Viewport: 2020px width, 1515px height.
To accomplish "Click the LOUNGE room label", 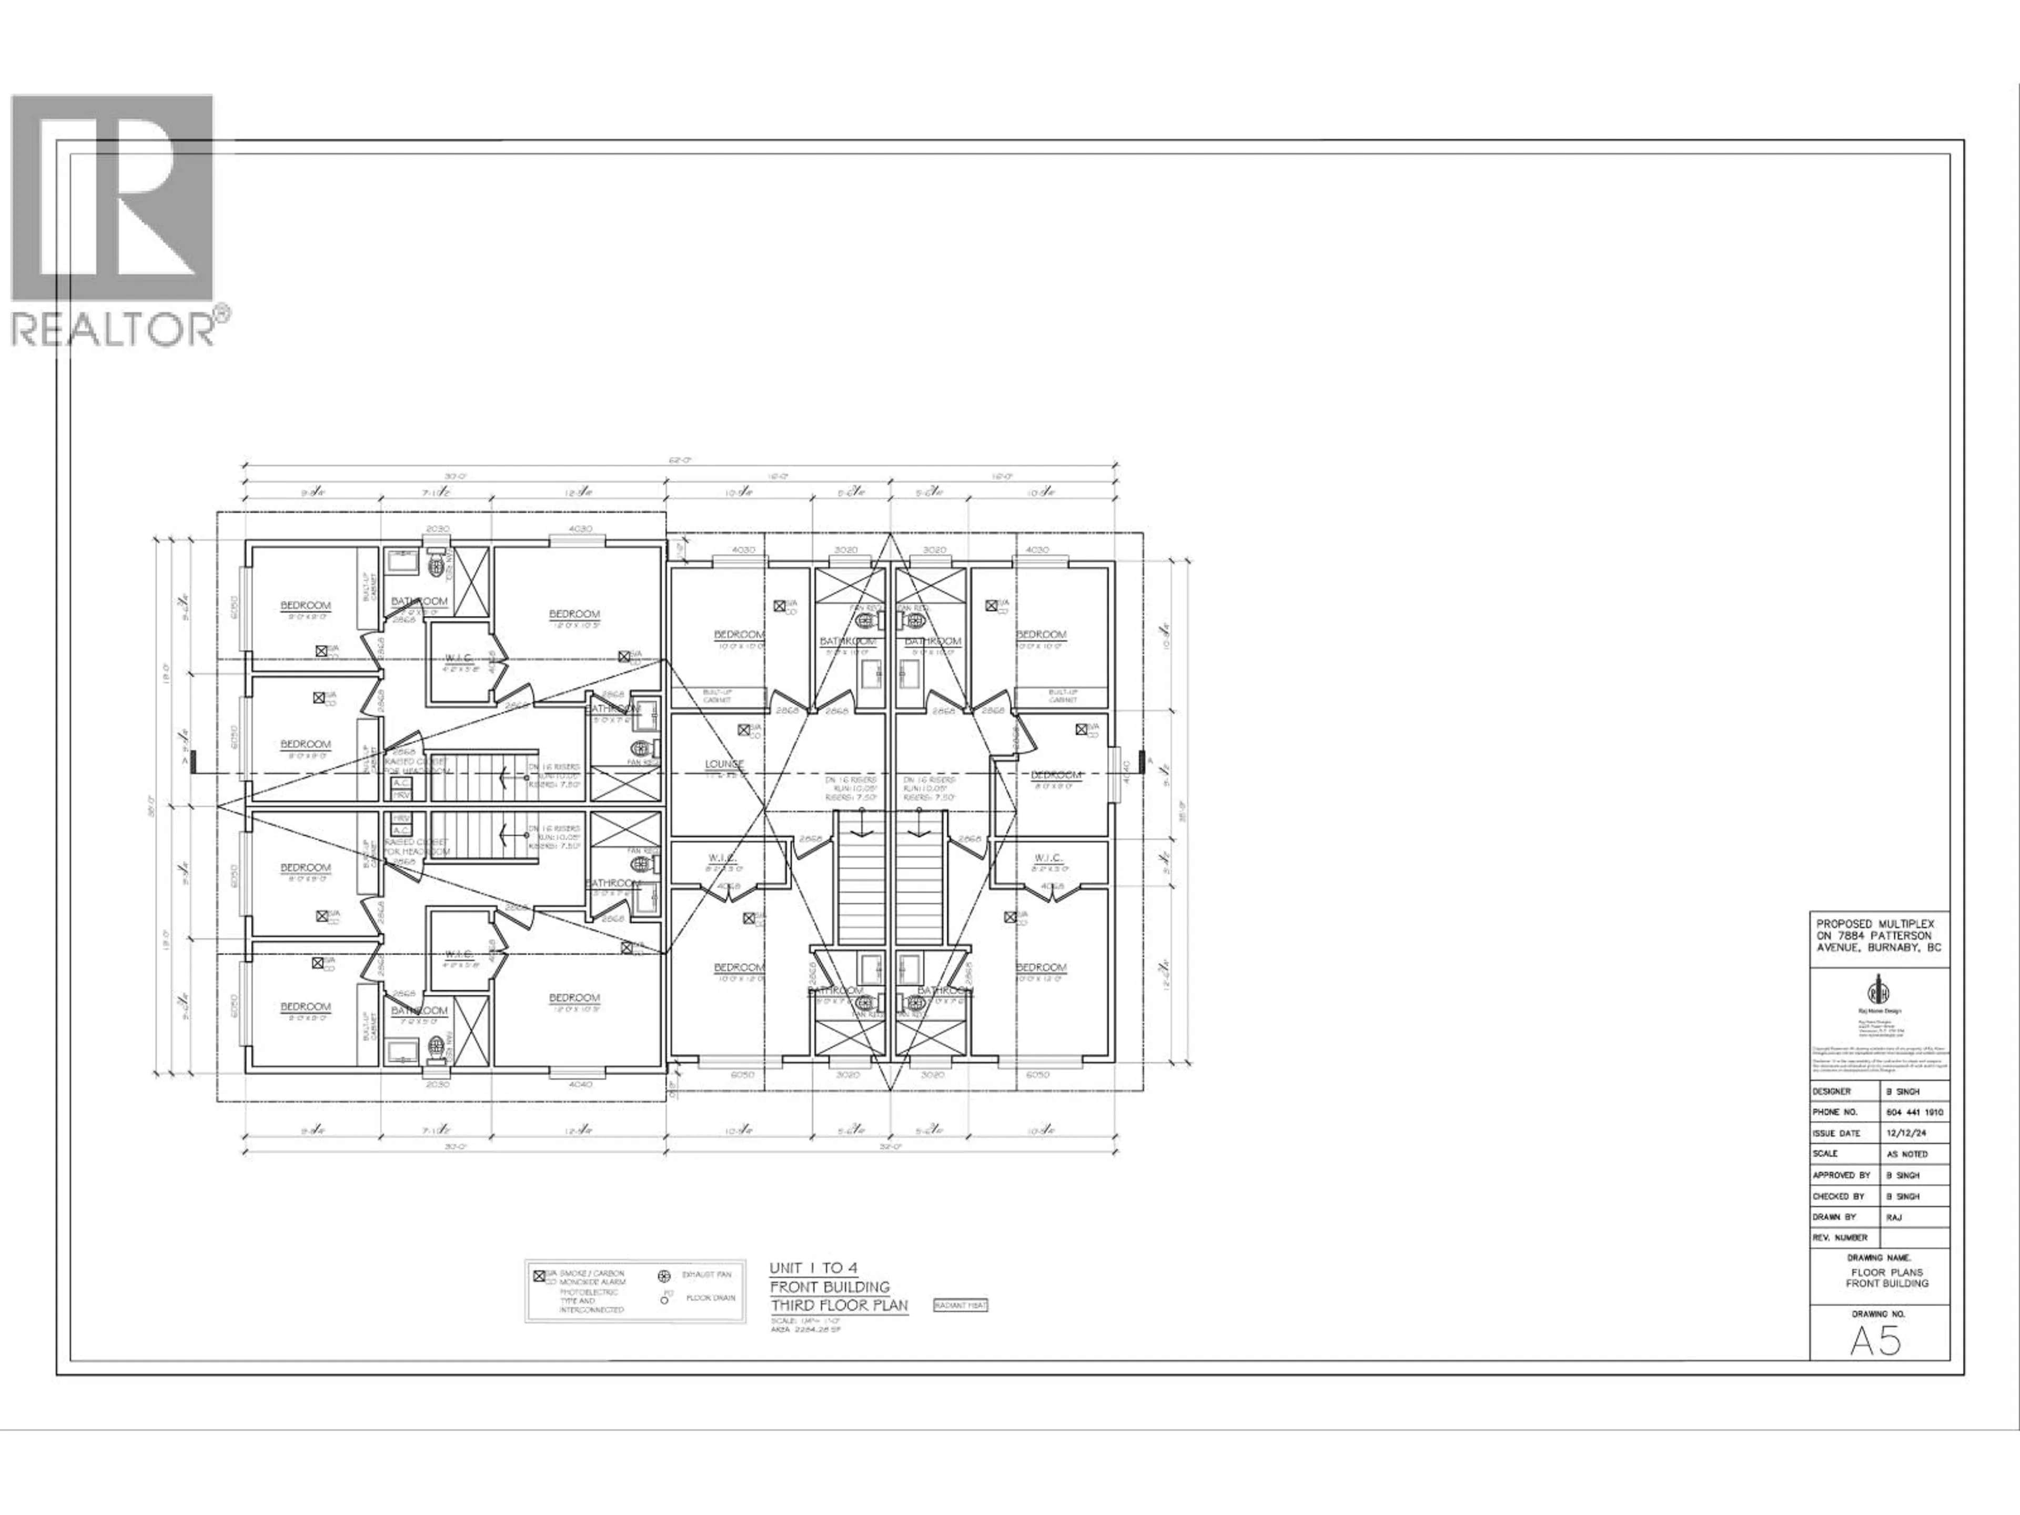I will click(x=724, y=763).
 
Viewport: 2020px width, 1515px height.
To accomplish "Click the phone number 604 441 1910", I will click(x=1907, y=1112).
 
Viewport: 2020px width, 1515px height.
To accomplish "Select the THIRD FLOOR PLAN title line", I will click(x=839, y=1305).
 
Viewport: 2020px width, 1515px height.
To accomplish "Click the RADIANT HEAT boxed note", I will click(x=960, y=1305).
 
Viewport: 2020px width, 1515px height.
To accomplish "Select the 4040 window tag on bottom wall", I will click(x=579, y=1084).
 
